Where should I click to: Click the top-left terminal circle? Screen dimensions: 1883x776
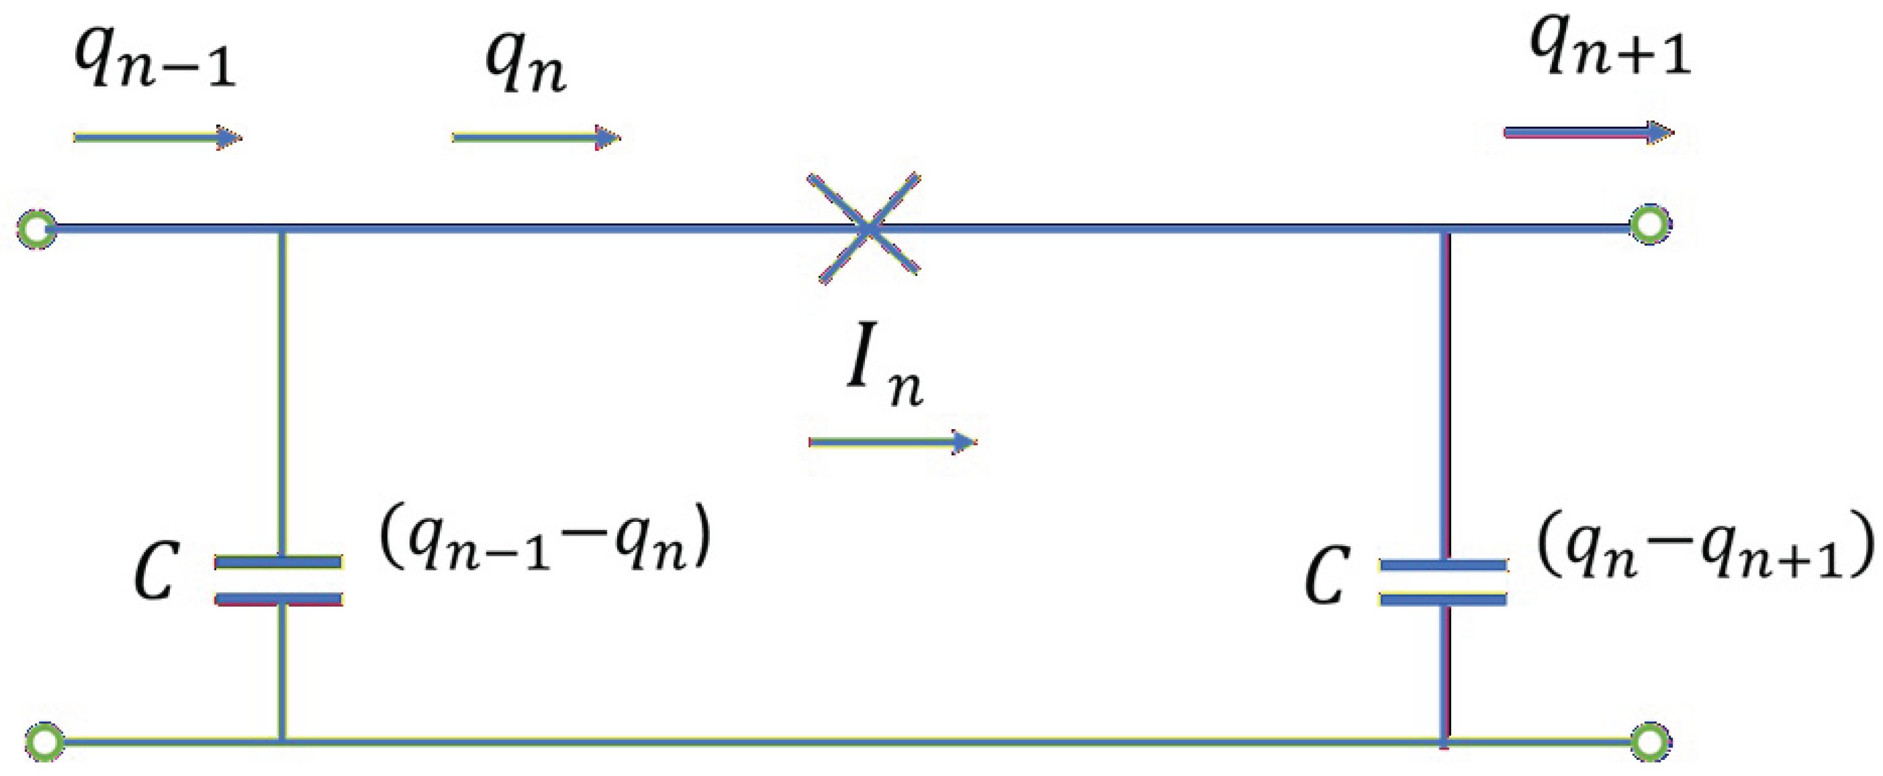click(36, 229)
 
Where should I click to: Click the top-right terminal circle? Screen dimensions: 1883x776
click(1650, 224)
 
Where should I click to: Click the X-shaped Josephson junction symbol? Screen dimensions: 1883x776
click(867, 228)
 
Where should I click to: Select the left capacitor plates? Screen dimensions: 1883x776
click(279, 581)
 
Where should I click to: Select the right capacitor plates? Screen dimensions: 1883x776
click(1444, 583)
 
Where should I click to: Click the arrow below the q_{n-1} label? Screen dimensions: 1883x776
click(157, 137)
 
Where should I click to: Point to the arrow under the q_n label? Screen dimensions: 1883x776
click(536, 137)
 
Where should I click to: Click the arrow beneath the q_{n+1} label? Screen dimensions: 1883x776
click(1589, 133)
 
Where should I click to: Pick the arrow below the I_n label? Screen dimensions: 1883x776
click(893, 441)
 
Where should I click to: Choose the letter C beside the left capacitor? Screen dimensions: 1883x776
click(155, 571)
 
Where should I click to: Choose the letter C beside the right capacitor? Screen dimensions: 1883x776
click(1325, 576)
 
